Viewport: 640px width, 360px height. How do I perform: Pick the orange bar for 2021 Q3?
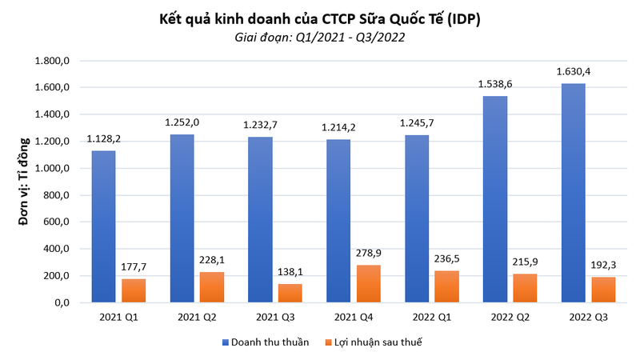point(290,294)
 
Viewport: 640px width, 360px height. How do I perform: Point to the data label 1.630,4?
point(574,73)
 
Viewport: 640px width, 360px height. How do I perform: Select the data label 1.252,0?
point(181,124)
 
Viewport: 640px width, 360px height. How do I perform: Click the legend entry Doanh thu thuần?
point(264,342)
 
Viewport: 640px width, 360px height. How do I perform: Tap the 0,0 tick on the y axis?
point(64,303)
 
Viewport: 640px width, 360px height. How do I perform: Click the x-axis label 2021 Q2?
point(197,318)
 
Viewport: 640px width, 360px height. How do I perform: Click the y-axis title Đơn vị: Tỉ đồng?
point(24,182)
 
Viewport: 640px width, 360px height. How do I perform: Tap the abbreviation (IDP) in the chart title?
point(462,18)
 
